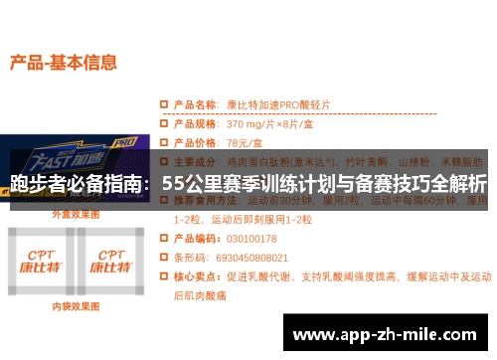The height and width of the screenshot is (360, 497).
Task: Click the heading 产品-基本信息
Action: coord(63,62)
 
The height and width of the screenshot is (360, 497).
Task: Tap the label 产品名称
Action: coord(195,103)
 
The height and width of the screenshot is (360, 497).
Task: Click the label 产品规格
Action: coord(195,124)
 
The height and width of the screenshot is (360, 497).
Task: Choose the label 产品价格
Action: coord(195,142)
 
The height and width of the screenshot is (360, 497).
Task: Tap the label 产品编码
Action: coord(195,238)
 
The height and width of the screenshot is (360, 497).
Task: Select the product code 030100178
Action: coord(251,238)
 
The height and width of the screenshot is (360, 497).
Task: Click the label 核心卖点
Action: coord(195,275)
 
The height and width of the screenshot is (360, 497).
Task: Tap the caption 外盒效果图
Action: coord(77,214)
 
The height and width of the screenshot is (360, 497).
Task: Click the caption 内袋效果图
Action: coord(77,306)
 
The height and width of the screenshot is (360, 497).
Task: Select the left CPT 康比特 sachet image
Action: coord(42,262)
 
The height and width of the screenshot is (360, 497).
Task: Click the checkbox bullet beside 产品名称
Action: coord(164,103)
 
